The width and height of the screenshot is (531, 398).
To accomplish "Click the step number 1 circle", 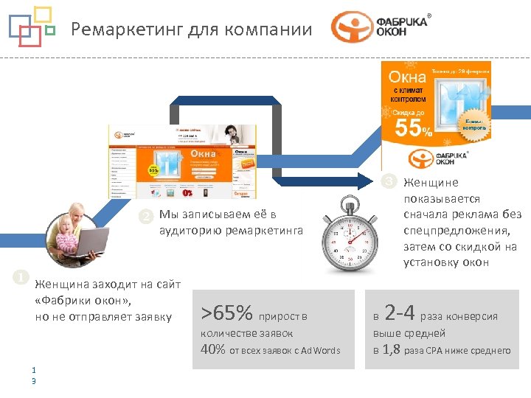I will (x=22, y=277).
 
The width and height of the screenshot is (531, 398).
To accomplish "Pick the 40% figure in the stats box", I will (x=213, y=349).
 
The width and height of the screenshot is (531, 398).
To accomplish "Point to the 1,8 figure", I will (x=392, y=349).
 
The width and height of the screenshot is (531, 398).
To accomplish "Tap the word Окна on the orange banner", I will (x=407, y=76).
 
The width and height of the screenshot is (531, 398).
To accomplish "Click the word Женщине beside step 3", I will (x=430, y=183).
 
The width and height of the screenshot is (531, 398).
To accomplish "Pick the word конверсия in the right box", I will (x=471, y=316).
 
